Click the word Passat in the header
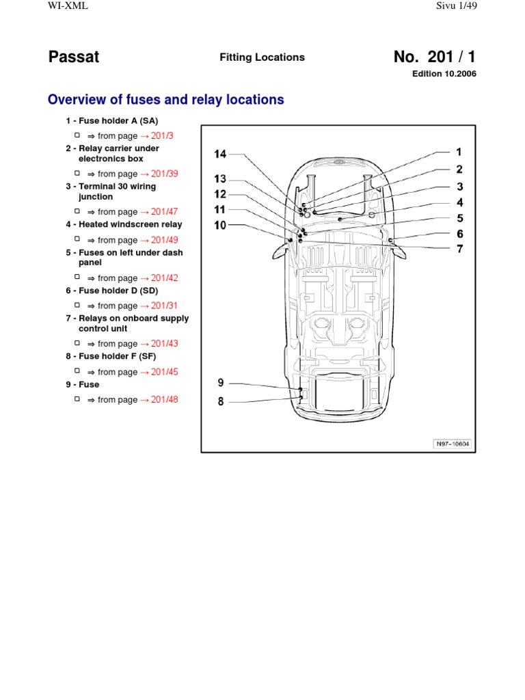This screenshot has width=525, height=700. click(x=74, y=57)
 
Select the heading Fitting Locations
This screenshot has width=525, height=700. click(x=262, y=57)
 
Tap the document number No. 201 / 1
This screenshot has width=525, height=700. click(x=435, y=57)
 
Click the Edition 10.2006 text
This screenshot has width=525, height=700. click(x=444, y=74)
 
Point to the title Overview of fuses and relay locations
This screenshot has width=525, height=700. click(x=165, y=100)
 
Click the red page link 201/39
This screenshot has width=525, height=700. click(x=159, y=174)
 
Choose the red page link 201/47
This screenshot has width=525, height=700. click(x=159, y=212)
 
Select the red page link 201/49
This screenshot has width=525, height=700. click(x=159, y=240)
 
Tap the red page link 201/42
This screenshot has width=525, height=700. click(x=159, y=278)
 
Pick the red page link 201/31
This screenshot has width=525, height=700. click(x=159, y=306)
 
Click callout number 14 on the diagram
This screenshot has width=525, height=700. click(x=220, y=154)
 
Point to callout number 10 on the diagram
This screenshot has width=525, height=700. click(x=220, y=224)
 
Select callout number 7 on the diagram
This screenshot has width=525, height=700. click(x=460, y=249)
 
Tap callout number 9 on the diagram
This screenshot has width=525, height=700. click(x=221, y=383)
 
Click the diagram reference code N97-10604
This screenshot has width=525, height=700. click(x=453, y=444)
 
